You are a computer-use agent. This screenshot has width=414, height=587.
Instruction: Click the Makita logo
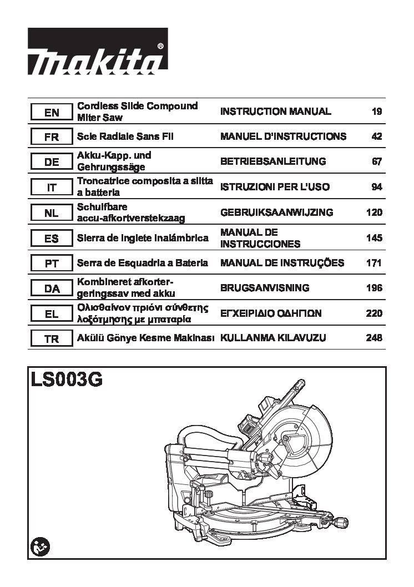pyautogui.click(x=98, y=51)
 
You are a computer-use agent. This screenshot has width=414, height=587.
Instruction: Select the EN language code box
pyautogui.click(x=52, y=112)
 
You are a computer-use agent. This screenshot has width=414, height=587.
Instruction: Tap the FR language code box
pyautogui.click(x=52, y=136)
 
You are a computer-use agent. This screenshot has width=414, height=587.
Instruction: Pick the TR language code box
pyautogui.click(x=52, y=339)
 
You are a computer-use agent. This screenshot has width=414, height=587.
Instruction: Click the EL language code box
pyautogui.click(x=52, y=313)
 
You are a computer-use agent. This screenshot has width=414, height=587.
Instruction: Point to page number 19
pyautogui.click(x=377, y=111)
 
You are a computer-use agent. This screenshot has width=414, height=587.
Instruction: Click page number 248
pyautogui.click(x=375, y=338)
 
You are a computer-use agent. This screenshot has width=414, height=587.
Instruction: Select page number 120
pyautogui.click(x=375, y=212)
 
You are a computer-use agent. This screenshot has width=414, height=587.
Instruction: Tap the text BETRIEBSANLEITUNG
pyautogui.click(x=273, y=161)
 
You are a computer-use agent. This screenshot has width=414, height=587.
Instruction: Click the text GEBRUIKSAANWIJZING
pyautogui.click(x=276, y=212)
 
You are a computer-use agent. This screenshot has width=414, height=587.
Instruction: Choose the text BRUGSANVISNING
pyautogui.click(x=265, y=288)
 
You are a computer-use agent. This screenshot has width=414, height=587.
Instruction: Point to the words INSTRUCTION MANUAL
pyautogui.click(x=276, y=111)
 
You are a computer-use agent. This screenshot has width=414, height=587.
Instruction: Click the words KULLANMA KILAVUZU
pyautogui.click(x=273, y=338)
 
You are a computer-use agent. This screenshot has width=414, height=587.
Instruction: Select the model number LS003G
pyautogui.click(x=67, y=380)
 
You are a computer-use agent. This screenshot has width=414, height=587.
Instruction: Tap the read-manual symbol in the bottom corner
pyautogui.click(x=40, y=548)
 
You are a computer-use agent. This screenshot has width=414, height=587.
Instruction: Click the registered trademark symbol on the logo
pyautogui.click(x=160, y=46)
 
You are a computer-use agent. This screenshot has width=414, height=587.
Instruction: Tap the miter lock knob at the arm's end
pyautogui.click(x=341, y=522)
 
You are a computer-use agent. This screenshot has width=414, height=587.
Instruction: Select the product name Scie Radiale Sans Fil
pyautogui.click(x=125, y=136)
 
